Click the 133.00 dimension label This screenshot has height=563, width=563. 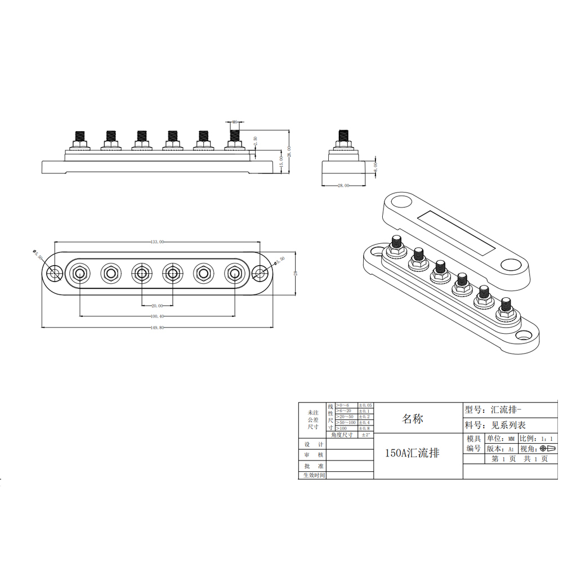[157, 242]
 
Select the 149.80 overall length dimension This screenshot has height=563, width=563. [157, 327]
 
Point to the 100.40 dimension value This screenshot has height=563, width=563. [157, 316]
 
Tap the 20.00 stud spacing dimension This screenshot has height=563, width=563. [157, 306]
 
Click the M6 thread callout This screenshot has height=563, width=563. [234, 122]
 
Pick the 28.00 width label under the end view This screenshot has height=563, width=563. [343, 185]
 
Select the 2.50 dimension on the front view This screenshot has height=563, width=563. [255, 141]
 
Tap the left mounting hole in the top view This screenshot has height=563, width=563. [55, 274]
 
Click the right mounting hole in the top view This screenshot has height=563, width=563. [260, 274]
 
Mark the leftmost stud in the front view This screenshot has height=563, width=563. [79, 137]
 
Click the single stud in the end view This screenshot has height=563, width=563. [342, 137]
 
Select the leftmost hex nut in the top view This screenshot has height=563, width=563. [79, 274]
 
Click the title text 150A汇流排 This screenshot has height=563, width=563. [412, 453]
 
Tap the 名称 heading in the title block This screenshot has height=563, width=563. [412, 419]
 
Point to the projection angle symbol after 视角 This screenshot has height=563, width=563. [547, 449]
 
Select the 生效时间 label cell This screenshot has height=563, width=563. [312, 475]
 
